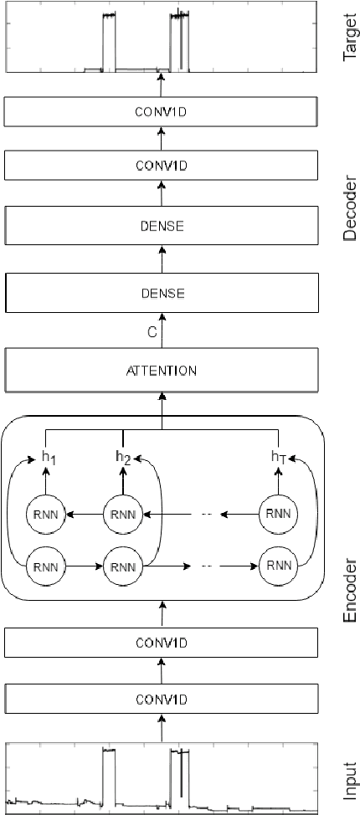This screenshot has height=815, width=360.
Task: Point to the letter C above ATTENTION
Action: [152, 332]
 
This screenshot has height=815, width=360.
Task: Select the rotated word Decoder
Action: [351, 208]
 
